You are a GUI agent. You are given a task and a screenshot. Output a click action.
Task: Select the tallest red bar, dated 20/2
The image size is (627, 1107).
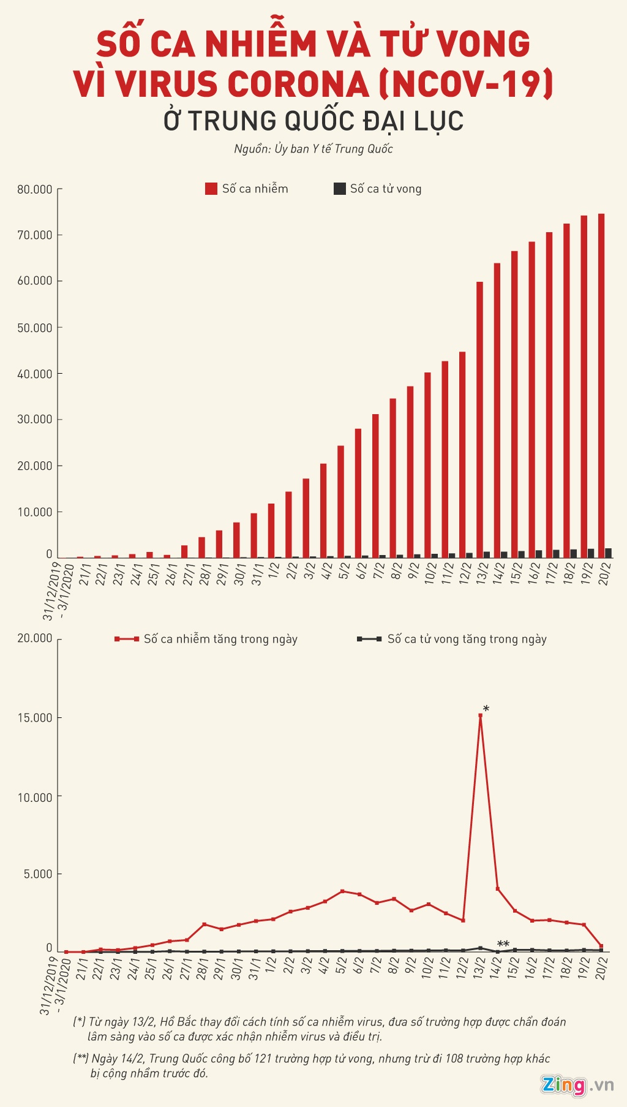pos(601,386)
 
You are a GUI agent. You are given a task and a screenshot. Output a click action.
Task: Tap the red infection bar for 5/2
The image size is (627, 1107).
pos(340,502)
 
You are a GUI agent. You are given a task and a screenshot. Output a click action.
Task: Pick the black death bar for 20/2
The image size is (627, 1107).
pos(609,553)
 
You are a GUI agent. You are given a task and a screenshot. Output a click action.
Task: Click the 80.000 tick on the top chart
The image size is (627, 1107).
pos(35,189)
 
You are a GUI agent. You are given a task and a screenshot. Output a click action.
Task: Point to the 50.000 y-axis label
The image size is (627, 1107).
pos(35,328)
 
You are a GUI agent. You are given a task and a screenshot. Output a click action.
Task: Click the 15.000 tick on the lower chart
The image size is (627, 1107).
pos(35,717)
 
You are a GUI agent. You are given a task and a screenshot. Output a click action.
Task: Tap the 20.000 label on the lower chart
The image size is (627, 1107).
pos(35,638)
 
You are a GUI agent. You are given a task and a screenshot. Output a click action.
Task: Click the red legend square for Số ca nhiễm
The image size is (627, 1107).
pos(211,189)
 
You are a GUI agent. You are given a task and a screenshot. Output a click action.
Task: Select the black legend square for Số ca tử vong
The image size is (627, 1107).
pos(339,189)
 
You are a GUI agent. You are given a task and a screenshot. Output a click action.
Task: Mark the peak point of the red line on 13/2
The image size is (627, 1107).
pos(480,716)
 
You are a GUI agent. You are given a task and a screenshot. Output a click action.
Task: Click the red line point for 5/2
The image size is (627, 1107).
pos(342,891)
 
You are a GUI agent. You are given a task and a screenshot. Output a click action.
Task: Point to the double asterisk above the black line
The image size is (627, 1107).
pos(503,944)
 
